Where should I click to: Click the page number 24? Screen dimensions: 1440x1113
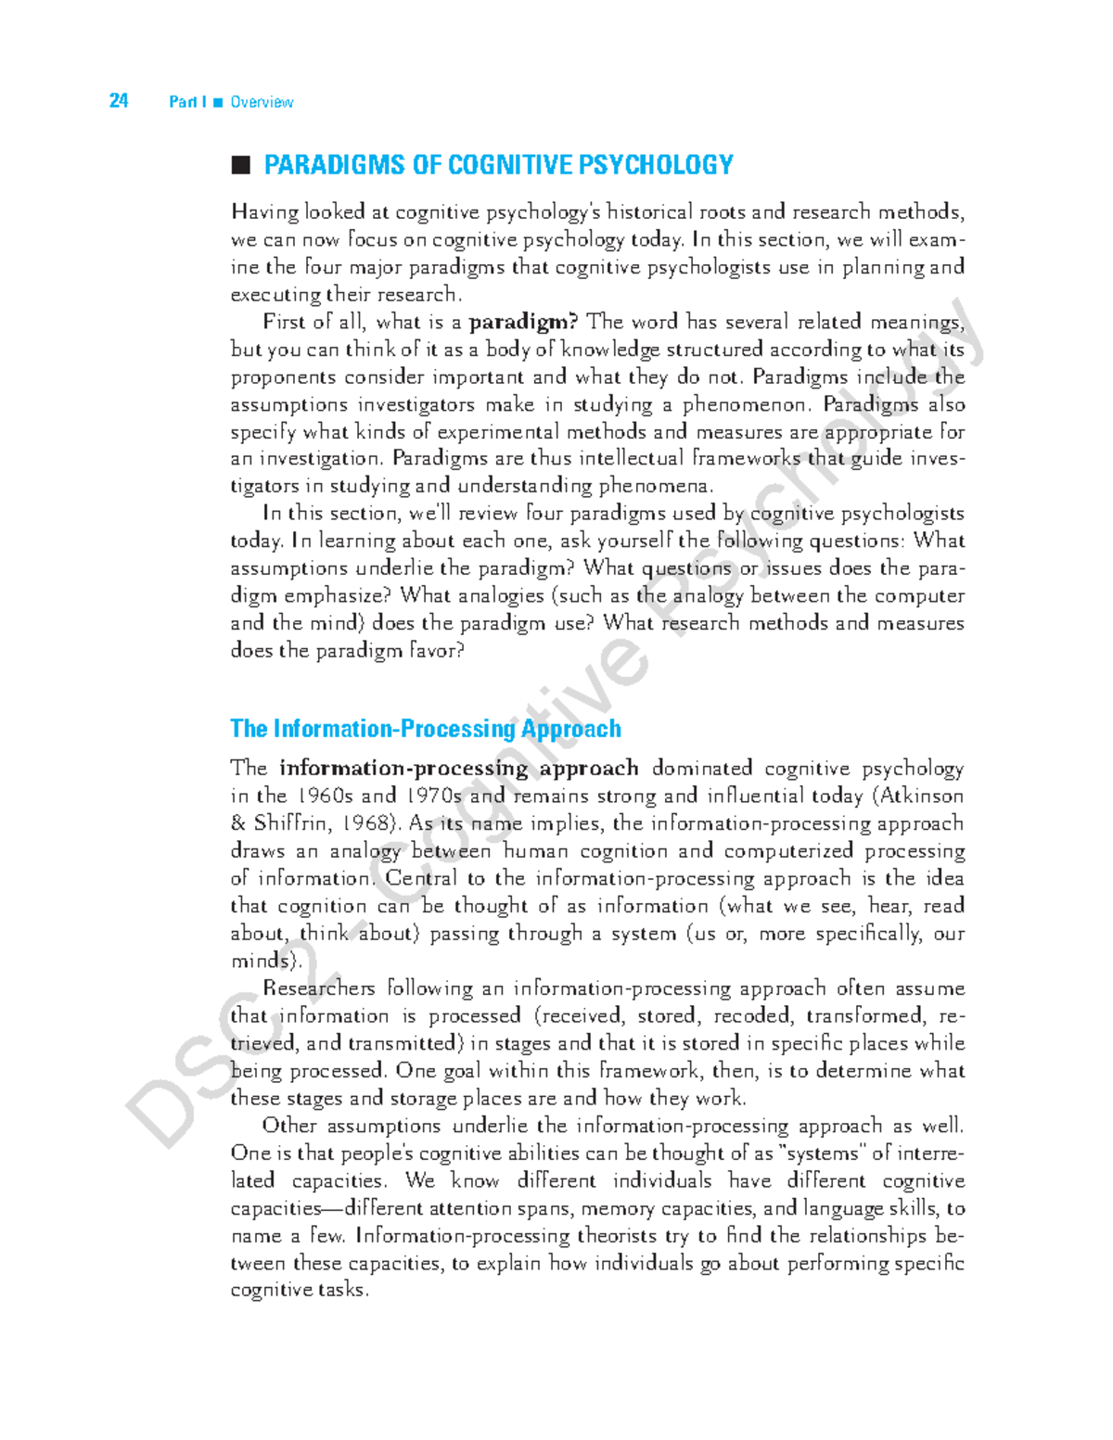[x=119, y=101]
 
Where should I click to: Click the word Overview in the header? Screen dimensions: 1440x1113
[x=262, y=102]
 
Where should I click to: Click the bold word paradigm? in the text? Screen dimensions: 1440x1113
[x=524, y=322]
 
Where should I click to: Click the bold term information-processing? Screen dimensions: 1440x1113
[x=403, y=768]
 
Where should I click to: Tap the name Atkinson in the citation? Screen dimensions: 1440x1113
[x=922, y=796]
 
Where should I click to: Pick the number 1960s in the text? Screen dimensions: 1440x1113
[x=326, y=796]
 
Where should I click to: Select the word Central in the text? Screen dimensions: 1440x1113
[x=421, y=878]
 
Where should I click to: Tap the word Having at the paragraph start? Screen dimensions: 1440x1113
[x=264, y=212]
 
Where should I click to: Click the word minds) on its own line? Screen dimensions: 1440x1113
[x=266, y=961]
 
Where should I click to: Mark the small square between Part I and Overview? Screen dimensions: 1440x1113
[x=218, y=102]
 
